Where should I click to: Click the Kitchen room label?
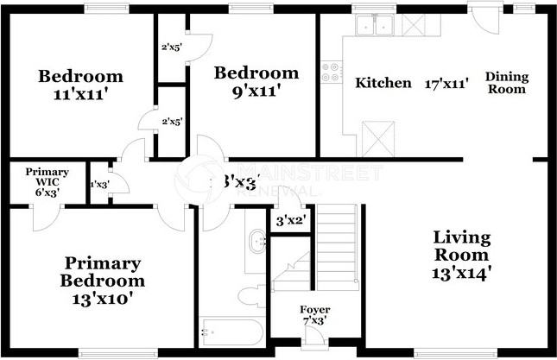click(x=383, y=83)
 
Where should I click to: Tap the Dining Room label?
click(x=506, y=83)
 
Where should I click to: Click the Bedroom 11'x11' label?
click(x=80, y=85)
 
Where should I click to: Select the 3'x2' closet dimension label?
click(x=291, y=221)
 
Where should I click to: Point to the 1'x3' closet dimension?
click(x=100, y=184)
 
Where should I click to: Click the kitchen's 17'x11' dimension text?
click(x=446, y=84)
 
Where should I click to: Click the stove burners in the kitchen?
click(x=330, y=73)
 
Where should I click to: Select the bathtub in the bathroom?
click(x=231, y=330)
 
